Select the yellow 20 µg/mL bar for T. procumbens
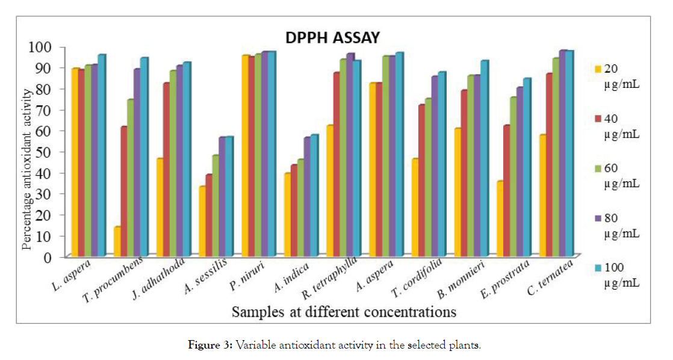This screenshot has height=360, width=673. [117, 241]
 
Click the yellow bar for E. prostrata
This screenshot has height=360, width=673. [500, 218]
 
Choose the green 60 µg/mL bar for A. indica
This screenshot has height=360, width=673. [300, 207]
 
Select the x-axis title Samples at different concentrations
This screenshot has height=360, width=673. [344, 312]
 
